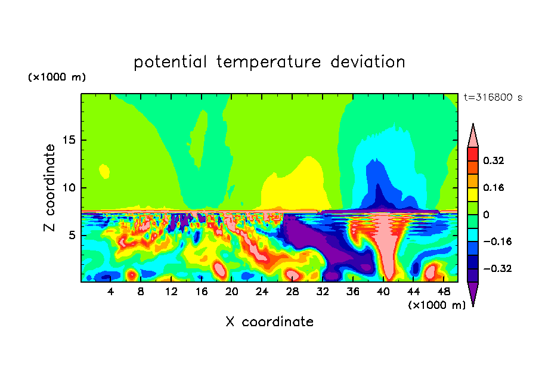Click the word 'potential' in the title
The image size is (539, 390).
(x=170, y=63)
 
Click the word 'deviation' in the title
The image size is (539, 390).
(x=368, y=62)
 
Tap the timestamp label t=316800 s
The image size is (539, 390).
(x=493, y=98)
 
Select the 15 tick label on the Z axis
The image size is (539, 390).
(x=69, y=140)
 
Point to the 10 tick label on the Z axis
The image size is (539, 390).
(x=69, y=188)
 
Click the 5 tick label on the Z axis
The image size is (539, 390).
(x=72, y=235)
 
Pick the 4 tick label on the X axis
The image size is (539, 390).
(x=110, y=292)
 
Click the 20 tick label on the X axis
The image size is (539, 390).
(x=231, y=292)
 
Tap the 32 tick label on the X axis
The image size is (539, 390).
(x=323, y=292)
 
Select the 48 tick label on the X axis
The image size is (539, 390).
(x=444, y=292)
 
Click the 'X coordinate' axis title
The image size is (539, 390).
(x=269, y=322)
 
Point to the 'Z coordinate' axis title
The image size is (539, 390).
(x=49, y=188)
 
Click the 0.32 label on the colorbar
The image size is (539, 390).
(x=493, y=160)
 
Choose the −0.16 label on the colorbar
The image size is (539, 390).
(x=497, y=242)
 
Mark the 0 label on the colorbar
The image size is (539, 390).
(x=486, y=215)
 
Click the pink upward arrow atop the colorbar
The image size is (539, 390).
(x=473, y=135)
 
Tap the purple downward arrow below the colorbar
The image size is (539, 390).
(x=473, y=294)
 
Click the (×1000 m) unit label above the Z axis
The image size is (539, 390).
(x=57, y=77)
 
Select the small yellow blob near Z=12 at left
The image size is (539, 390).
(x=104, y=171)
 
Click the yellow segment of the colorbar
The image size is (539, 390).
(x=473, y=194)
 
